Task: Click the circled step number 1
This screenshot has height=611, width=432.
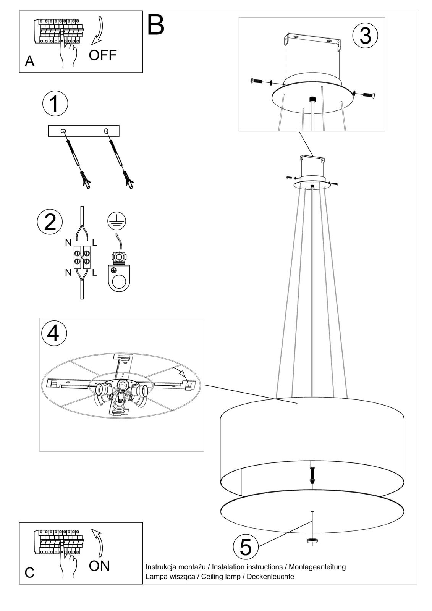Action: (55, 103)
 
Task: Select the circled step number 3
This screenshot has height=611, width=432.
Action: (365, 36)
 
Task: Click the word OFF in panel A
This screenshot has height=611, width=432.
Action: (103, 55)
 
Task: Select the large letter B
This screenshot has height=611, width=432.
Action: (155, 24)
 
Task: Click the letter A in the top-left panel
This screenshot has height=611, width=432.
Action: (29, 61)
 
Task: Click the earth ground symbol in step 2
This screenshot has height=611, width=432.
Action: (117, 220)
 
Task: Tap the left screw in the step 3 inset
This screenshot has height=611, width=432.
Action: (257, 81)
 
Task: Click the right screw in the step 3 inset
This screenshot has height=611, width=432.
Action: (368, 95)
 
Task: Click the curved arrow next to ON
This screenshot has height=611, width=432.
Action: (97, 543)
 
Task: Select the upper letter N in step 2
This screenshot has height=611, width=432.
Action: (68, 242)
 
